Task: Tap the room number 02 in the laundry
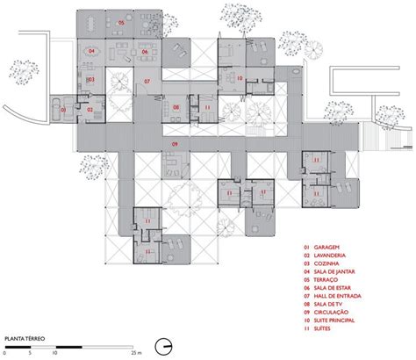90,109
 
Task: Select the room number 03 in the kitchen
90,79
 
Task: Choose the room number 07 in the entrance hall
147,81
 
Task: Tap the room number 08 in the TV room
176,108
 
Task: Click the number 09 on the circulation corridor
176,143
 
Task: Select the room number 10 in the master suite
239,79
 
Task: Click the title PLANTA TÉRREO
25,336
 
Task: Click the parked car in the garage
56,109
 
